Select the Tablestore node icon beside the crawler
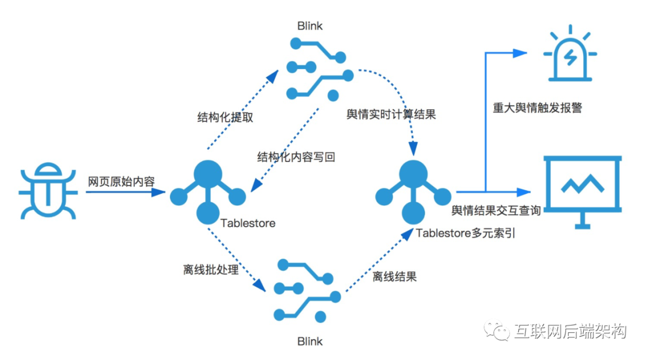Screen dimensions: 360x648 (208, 190)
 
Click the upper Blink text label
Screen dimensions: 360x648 (310, 26)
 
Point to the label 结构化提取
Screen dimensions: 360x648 (225, 117)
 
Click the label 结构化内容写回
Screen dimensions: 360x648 (296, 157)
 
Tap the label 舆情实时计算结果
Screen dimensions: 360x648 (391, 115)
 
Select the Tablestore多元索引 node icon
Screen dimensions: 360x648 (413, 190)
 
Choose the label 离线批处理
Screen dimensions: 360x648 (211, 270)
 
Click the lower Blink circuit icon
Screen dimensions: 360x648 (306, 290)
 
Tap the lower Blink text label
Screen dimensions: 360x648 (310, 341)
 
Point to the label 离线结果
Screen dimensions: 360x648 (394, 277)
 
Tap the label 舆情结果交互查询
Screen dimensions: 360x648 (496, 210)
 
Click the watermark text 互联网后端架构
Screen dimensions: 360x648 (570, 331)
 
